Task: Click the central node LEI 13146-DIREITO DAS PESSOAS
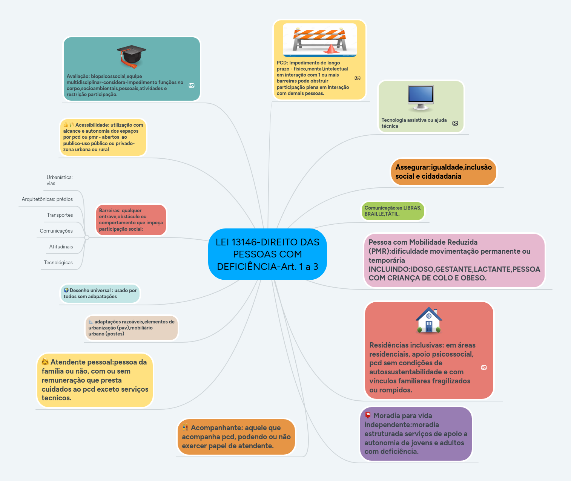point(267,254)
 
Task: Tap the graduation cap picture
point(131,56)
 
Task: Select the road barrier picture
point(319,40)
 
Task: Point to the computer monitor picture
point(421,98)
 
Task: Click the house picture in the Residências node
point(429,320)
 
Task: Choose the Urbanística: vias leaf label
point(59,180)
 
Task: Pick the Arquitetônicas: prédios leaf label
point(47,199)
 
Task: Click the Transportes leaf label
point(60,215)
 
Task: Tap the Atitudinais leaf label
point(61,247)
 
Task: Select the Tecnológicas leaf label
point(58,262)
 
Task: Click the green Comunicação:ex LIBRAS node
point(393,211)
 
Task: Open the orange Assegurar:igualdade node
point(443,172)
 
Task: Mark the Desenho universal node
point(100,294)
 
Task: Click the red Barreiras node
point(130,220)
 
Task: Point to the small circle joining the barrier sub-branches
point(87,237)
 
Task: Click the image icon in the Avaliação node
point(192,86)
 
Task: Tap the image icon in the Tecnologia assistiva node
point(455,123)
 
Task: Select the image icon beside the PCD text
point(358,78)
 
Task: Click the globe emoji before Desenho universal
point(66,290)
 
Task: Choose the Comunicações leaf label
point(56,231)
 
